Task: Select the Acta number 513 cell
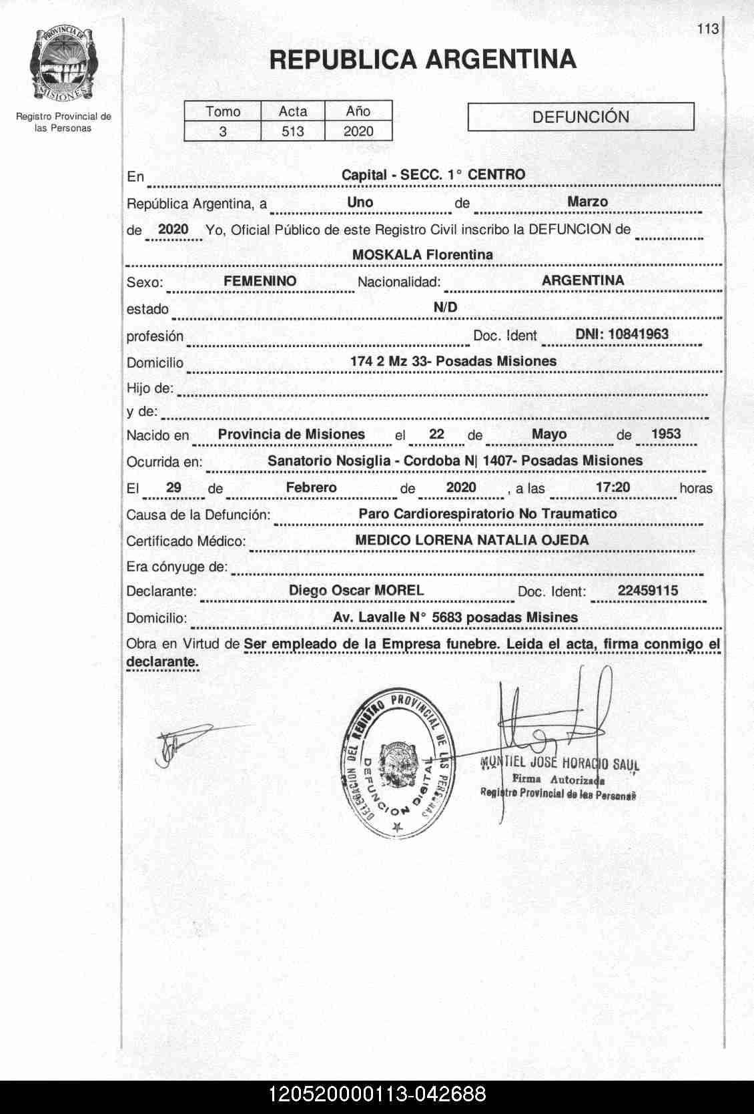[x=292, y=131]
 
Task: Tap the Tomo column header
[x=222, y=111]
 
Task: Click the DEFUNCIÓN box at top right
[x=581, y=117]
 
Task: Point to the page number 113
[x=707, y=29]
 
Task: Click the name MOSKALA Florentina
[x=422, y=254]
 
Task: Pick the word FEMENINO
[x=260, y=281]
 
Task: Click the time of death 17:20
[x=613, y=487]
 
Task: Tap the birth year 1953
[x=665, y=434]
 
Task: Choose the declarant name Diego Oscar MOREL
[x=356, y=590]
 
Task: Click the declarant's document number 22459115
[x=647, y=590]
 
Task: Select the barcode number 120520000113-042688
[x=377, y=1095]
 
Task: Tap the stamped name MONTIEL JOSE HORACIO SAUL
[x=559, y=764]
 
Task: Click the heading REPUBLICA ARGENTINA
[x=422, y=59]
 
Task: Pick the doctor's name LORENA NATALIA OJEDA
[x=502, y=540]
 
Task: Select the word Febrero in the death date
[x=311, y=487]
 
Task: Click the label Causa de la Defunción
[x=198, y=515]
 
